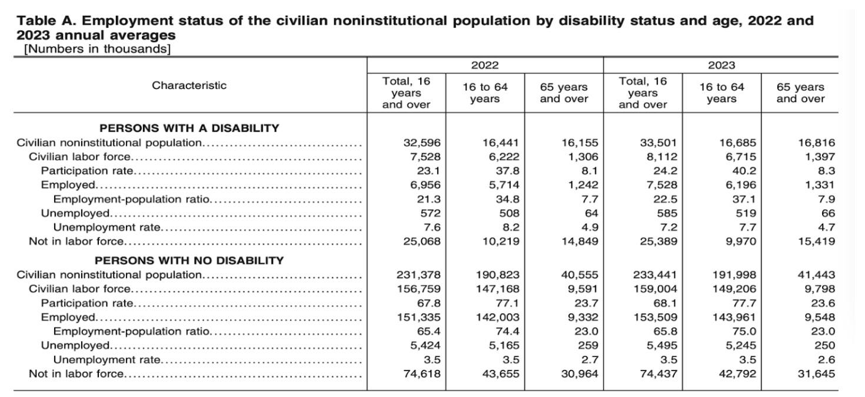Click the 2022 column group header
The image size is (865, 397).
pos(485,65)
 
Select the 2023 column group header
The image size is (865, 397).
pos(721,65)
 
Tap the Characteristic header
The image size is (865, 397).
pos(189,85)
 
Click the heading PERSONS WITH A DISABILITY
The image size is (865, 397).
pos(189,128)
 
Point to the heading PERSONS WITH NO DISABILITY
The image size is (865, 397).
pos(189,260)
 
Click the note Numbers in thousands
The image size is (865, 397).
pos(97,49)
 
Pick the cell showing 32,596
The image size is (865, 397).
pos(422,143)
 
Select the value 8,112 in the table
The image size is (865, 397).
pos(658,157)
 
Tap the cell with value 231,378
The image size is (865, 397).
pos(419,274)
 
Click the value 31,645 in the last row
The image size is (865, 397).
pos(816,373)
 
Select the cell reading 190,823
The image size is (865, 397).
pos(498,274)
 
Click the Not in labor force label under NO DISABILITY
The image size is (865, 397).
pos(76,373)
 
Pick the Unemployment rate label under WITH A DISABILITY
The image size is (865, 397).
pos(107,227)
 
